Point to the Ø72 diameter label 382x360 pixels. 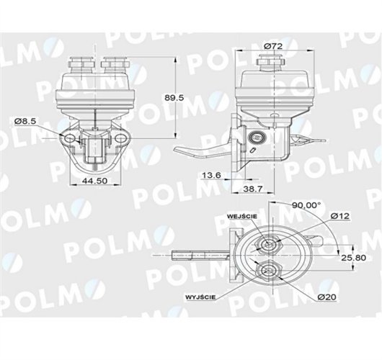[x=272, y=46]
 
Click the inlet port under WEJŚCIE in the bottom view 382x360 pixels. [x=267, y=245]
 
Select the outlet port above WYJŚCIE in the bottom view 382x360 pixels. [x=267, y=271]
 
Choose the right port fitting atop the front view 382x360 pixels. [x=113, y=66]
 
